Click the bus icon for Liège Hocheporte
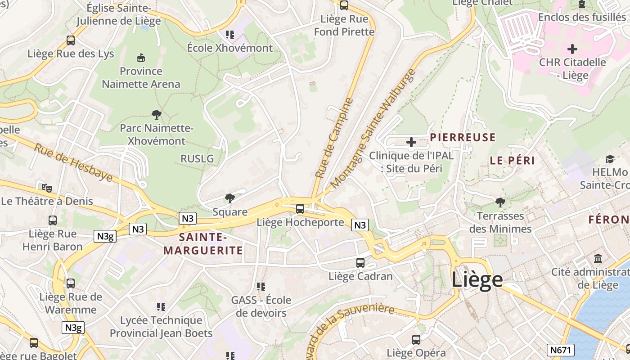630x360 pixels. coord(300,209)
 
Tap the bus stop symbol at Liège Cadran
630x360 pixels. coord(360,263)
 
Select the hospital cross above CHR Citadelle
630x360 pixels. coord(572,49)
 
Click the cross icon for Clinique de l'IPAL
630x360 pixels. coord(411,143)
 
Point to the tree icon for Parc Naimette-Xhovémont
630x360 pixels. coord(157,115)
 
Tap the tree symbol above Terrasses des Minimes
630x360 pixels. coord(500,202)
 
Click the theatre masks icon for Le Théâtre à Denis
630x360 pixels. coord(46,188)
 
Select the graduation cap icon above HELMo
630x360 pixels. coord(610,159)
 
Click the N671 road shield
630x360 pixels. coord(561,350)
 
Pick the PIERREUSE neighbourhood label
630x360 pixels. coord(463,138)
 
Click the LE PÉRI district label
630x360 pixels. coord(512,161)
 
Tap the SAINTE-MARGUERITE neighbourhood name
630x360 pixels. coord(202,244)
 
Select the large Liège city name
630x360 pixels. coord(477,279)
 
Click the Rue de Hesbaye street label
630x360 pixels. coord(73,162)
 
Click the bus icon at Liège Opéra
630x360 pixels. coord(416,340)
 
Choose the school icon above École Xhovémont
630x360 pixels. coord(230,35)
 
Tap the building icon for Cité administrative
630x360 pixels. coord(598,259)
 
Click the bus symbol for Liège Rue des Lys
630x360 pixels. coord(71,40)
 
